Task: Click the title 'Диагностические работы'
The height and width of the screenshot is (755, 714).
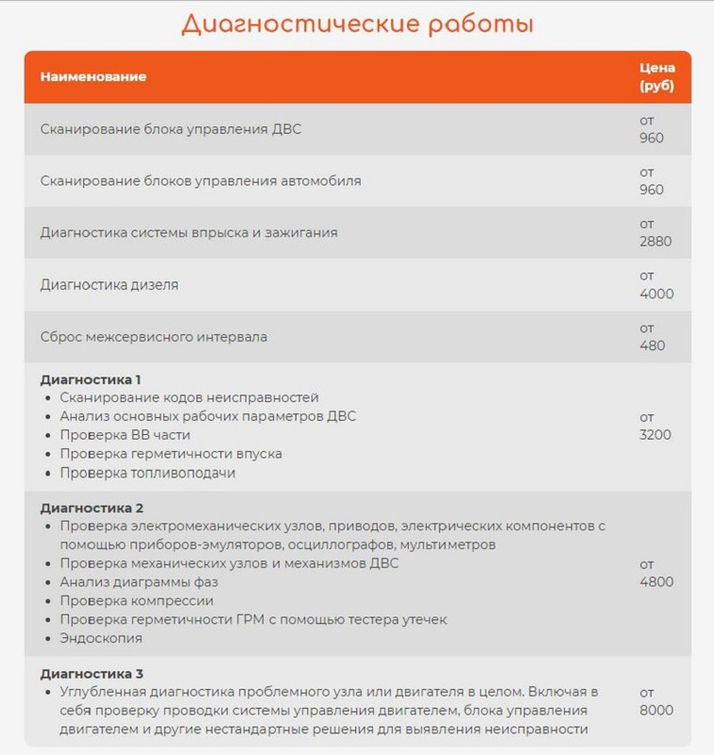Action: (x=357, y=24)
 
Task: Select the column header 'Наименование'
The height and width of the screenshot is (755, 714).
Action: (x=93, y=76)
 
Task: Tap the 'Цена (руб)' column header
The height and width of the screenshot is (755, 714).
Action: (x=656, y=76)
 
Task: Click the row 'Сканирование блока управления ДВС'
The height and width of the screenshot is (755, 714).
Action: (x=171, y=128)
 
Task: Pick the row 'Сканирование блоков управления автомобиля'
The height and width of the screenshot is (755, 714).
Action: (x=200, y=180)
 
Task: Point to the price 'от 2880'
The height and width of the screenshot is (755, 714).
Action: (x=655, y=232)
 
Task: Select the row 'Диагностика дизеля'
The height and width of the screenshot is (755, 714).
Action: (x=110, y=284)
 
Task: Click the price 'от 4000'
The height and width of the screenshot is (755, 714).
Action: (x=656, y=284)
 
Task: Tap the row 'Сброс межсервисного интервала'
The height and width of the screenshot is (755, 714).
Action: (x=154, y=336)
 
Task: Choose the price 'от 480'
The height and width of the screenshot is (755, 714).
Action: (x=653, y=336)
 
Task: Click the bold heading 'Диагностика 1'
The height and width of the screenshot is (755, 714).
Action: (x=91, y=379)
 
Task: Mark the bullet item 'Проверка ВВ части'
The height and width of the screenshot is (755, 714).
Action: (x=125, y=435)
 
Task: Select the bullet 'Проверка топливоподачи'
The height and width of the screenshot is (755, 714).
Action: (x=147, y=473)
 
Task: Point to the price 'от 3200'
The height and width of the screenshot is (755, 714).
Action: (x=655, y=426)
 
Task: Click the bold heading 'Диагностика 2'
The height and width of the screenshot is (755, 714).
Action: (x=92, y=508)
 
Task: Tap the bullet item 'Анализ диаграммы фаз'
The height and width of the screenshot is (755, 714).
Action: (x=139, y=582)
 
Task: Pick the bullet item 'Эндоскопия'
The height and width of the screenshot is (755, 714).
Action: (x=101, y=638)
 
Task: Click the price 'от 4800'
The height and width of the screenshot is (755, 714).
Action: (x=656, y=573)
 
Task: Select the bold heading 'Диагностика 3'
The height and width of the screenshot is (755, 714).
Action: (x=92, y=674)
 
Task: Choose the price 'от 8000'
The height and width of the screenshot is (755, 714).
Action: (x=656, y=701)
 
